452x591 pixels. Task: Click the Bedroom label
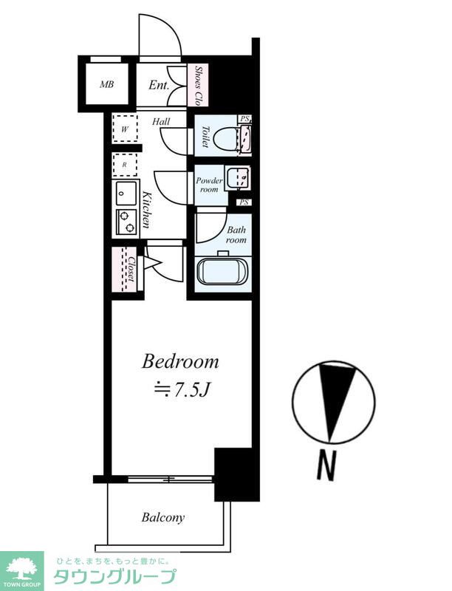click(180, 362)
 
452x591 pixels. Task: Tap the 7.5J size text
click(181, 391)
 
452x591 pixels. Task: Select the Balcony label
click(163, 518)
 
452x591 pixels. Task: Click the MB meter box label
click(106, 84)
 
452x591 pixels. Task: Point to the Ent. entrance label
click(159, 85)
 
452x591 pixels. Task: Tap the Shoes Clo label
click(197, 86)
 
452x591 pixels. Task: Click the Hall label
click(161, 122)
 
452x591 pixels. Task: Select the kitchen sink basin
click(126, 193)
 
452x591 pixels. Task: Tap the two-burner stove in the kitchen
click(126, 222)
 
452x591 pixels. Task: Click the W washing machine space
click(125, 128)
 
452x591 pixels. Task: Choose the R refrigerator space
click(125, 165)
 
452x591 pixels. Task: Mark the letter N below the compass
click(326, 466)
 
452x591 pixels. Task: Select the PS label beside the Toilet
click(245, 119)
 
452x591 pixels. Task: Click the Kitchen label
click(146, 211)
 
